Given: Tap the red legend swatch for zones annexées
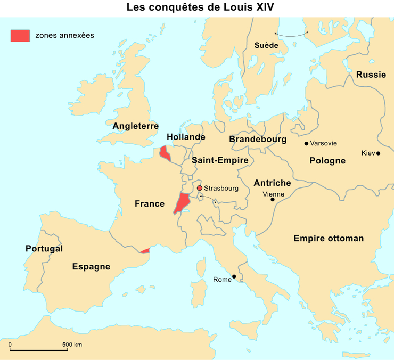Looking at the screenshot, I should (x=20, y=35).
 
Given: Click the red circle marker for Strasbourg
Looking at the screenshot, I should (x=199, y=188).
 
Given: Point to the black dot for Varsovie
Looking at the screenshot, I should (x=306, y=143).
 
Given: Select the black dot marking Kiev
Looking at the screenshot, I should (x=378, y=153).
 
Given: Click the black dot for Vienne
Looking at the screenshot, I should (x=273, y=200).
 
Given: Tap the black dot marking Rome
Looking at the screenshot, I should (x=234, y=276).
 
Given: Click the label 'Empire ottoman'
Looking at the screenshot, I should (x=329, y=239).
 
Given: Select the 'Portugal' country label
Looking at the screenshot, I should (x=44, y=249).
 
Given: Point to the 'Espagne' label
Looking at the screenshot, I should (x=91, y=267).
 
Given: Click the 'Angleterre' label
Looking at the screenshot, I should (x=136, y=126).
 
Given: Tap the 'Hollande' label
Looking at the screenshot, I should (x=186, y=137).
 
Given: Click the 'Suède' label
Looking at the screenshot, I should (x=266, y=45).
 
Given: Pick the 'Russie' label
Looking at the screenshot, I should (x=371, y=75).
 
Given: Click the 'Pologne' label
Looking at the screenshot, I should (x=327, y=160).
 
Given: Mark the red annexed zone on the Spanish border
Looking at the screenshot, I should (x=144, y=250).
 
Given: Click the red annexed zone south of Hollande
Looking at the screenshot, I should (x=165, y=154).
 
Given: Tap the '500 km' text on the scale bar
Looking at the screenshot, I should (x=72, y=345).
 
